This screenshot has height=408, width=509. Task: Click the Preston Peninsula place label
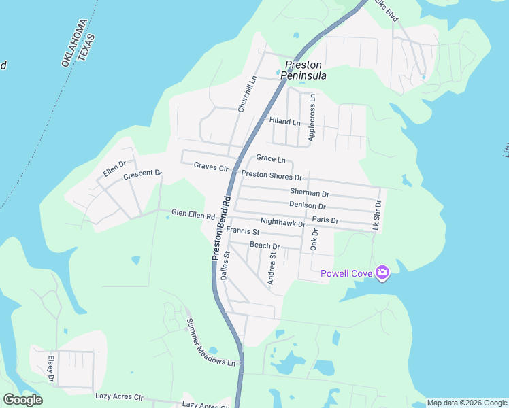tap(305, 70)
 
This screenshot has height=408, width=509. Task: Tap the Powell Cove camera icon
tap(382, 273)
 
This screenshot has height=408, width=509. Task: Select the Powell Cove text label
tap(346, 273)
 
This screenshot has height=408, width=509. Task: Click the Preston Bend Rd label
tap(221, 228)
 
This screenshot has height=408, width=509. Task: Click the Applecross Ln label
tap(312, 118)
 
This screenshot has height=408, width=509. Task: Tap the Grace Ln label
tap(270, 159)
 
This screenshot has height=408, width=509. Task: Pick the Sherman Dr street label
tap(310, 192)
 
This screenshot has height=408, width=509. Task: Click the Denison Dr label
tap(308, 205)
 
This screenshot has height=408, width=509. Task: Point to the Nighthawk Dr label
tap(283, 222)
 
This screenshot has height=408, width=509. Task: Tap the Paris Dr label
tap(325, 220)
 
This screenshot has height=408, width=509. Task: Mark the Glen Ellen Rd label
tap(193, 214)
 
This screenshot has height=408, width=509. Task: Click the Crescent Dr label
tap(142, 175)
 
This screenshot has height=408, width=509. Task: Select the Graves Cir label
tap(211, 167)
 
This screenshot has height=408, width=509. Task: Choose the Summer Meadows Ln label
tap(214, 343)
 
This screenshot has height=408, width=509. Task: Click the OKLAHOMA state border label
tap(72, 43)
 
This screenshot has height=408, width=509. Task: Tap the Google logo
tap(22, 400)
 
